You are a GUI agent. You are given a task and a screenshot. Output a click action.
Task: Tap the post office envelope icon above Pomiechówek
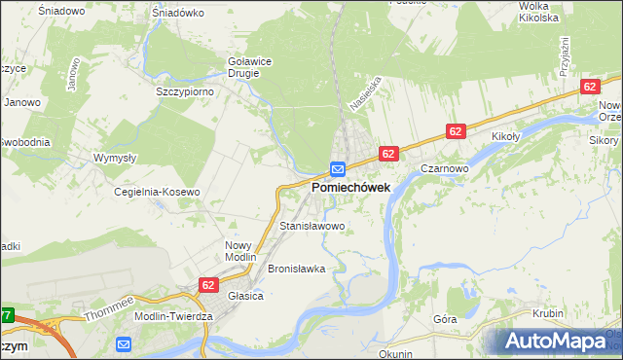(337, 168)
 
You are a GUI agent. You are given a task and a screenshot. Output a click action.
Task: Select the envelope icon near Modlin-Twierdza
(124, 343)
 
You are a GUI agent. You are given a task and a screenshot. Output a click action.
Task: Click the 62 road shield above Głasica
(208, 285)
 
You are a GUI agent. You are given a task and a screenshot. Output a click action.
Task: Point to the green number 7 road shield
(6, 315)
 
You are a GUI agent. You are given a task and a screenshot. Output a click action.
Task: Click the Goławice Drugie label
(249, 66)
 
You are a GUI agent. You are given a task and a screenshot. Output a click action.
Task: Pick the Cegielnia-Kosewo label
(157, 192)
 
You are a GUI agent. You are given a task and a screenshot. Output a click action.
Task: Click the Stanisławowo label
(312, 227)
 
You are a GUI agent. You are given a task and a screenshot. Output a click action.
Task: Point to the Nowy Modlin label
(238, 252)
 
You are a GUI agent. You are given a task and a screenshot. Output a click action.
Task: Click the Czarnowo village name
(446, 167)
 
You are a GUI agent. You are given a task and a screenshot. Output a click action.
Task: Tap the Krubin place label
(549, 313)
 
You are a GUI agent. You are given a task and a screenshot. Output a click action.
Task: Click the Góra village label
(445, 319)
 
